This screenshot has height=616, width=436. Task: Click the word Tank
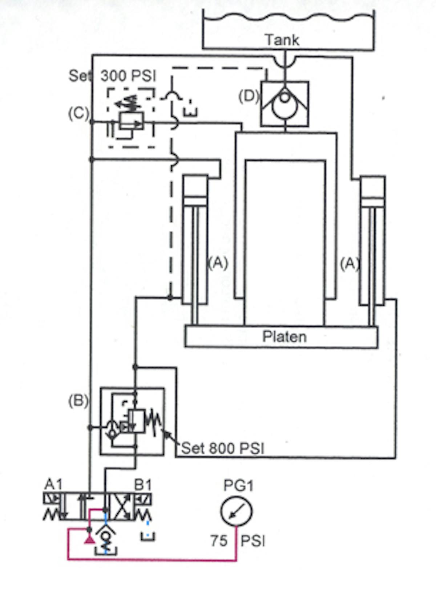(282, 40)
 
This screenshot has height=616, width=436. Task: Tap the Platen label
(284, 337)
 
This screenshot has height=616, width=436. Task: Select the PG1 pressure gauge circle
(237, 511)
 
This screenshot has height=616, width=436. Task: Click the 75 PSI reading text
(238, 541)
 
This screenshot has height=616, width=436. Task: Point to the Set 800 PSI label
(222, 448)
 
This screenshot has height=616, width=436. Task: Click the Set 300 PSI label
(113, 76)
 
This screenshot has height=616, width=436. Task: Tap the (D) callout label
(249, 96)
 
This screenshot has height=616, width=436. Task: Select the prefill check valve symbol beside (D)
(285, 104)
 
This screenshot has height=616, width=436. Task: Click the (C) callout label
(78, 113)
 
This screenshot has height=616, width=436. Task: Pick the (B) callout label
(78, 401)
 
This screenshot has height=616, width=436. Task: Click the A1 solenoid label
(53, 484)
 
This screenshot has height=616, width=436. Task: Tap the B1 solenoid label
(143, 484)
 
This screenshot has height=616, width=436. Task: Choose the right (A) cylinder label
(350, 263)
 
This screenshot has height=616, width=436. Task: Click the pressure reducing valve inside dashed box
(131, 121)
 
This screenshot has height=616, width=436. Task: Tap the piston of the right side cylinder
(372, 202)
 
